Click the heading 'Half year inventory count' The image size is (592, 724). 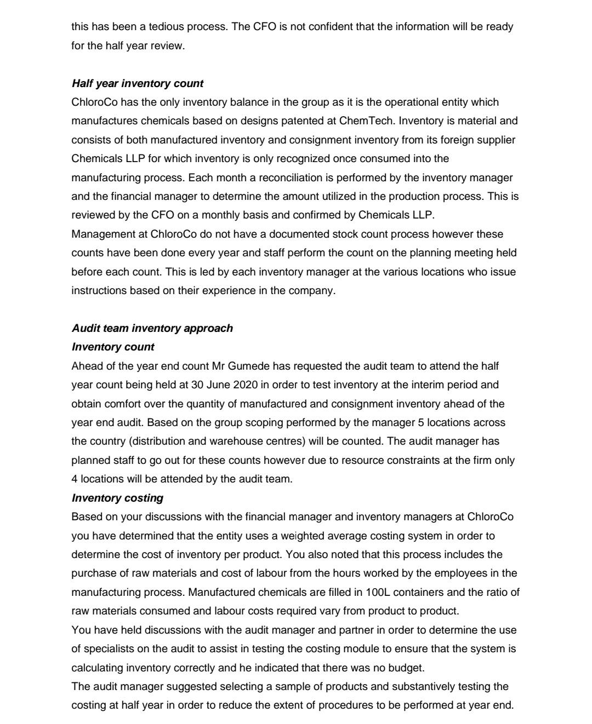(x=137, y=83)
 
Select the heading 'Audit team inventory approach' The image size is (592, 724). (x=152, y=328)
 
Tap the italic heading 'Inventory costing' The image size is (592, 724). (x=117, y=498)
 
